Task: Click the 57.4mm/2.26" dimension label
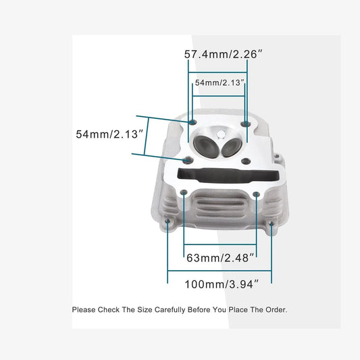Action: click(x=223, y=55)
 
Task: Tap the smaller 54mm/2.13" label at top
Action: click(x=219, y=82)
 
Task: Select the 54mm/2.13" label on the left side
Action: click(x=109, y=134)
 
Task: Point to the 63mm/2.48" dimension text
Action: click(x=220, y=258)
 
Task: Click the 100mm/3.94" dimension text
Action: click(x=222, y=284)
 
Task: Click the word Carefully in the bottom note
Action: click(x=170, y=310)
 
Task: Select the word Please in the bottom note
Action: click(x=84, y=310)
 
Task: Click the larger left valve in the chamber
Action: click(x=206, y=147)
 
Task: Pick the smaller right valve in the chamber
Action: click(x=232, y=148)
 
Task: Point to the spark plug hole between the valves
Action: click(x=221, y=135)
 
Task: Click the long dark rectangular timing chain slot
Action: click(x=228, y=176)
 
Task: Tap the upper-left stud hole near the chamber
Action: click(x=192, y=122)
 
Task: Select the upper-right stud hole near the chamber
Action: click(x=245, y=124)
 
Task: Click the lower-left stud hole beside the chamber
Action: click(x=188, y=160)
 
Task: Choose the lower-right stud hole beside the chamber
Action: click(x=246, y=161)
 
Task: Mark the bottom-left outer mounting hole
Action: click(x=168, y=221)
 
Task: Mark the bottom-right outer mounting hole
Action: click(x=272, y=224)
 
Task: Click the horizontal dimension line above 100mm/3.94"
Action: click(x=220, y=271)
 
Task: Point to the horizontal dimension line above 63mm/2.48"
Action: click(x=220, y=245)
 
